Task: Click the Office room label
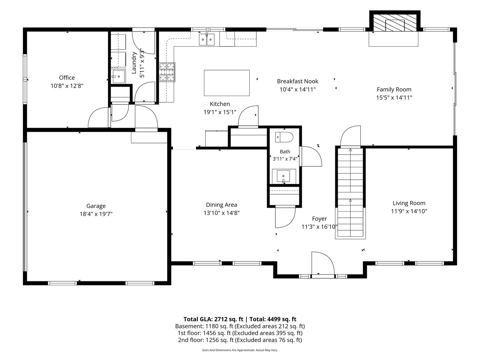67,78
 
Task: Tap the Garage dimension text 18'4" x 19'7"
96,214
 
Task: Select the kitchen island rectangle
227,83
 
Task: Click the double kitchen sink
207,40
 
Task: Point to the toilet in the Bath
284,137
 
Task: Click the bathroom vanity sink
283,176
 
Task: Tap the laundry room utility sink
119,76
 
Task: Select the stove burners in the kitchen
167,72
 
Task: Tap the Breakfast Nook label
298,81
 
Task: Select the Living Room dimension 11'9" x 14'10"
409,211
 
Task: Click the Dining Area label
222,205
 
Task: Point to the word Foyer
319,219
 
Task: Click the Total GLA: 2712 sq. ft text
213,319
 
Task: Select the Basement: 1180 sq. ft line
240,326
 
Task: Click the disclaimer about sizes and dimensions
240,350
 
